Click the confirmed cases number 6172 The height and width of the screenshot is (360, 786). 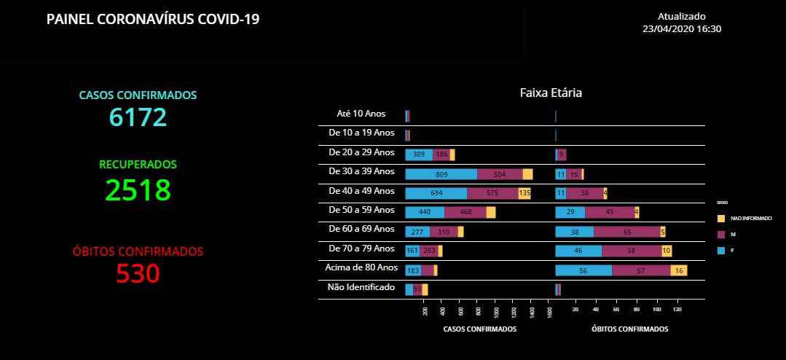click(x=138, y=117)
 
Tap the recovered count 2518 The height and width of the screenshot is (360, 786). click(x=138, y=189)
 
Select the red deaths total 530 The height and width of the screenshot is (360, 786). click(x=138, y=273)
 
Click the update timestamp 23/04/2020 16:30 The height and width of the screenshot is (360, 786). click(x=682, y=28)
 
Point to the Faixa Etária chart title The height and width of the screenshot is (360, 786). click(x=550, y=93)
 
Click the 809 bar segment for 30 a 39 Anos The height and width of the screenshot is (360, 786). click(x=441, y=174)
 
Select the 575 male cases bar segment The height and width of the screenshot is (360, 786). click(x=492, y=193)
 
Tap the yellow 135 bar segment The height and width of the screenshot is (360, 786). click(x=524, y=193)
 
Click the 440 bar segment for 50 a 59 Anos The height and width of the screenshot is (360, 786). click(x=425, y=212)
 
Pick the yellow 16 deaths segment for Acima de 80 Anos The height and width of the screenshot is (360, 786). click(x=678, y=270)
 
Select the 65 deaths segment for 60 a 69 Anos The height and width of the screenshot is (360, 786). click(x=626, y=232)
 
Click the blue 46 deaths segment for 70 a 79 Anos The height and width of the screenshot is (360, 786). click(x=578, y=251)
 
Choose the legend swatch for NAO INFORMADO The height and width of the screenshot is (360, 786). click(x=721, y=218)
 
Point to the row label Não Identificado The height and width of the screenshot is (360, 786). click(x=361, y=287)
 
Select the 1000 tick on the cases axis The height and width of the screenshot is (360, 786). click(x=495, y=311)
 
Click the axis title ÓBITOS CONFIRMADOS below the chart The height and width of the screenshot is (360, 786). click(x=629, y=329)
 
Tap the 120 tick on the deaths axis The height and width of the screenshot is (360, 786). click(x=677, y=310)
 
